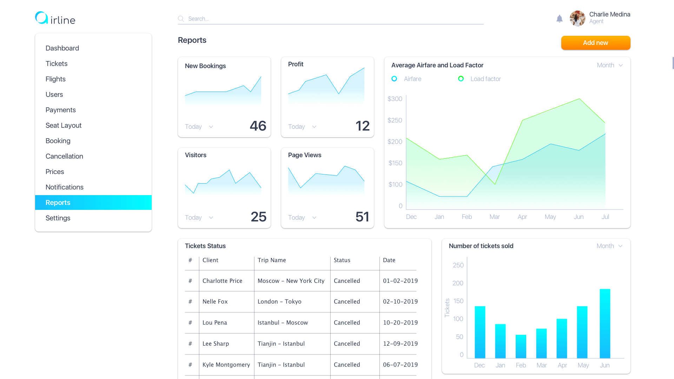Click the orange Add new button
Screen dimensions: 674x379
tap(596, 43)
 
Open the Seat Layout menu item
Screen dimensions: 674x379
tap(64, 125)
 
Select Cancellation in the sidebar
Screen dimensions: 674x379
tap(64, 156)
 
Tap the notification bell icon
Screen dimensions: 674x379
tap(560, 19)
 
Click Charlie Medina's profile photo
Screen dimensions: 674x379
tap(577, 18)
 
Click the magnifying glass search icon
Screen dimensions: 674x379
tap(181, 19)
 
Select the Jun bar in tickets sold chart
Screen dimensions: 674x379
tap(605, 324)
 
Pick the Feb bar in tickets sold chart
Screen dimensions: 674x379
tap(521, 346)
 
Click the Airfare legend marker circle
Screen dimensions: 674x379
tap(394, 79)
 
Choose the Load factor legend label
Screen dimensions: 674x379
tap(485, 79)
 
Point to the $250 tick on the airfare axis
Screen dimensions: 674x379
tap(395, 120)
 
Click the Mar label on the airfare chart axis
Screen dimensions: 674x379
tap(495, 217)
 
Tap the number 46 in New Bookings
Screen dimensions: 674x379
tap(258, 126)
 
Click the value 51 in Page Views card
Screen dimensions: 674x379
tap(362, 217)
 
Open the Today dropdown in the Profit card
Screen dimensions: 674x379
tap(302, 127)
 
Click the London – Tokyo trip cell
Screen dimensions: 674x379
tap(279, 301)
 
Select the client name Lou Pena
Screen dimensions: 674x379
tap(215, 323)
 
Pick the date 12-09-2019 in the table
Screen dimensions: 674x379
tap(401, 344)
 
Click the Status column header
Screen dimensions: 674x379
tap(342, 260)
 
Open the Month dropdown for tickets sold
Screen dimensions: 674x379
tap(610, 246)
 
